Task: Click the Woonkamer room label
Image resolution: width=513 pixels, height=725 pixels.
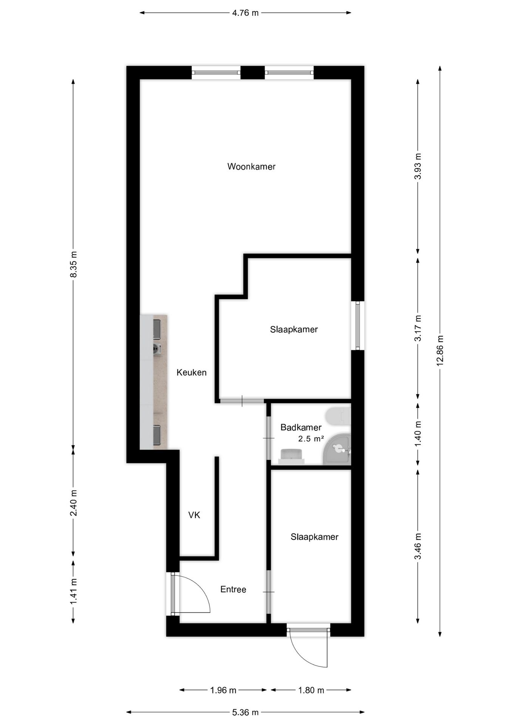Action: (251, 167)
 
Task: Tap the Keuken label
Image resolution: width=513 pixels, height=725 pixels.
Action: (192, 373)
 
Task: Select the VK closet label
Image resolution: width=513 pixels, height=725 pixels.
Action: (194, 515)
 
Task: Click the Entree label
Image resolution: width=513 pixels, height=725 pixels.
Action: (233, 589)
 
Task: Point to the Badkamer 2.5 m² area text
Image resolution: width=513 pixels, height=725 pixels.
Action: (311, 439)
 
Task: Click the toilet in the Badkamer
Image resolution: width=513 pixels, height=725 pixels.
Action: (338, 416)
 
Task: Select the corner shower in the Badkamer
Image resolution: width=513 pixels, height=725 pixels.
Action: (338, 450)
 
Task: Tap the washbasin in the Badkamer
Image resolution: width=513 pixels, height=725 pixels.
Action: (291, 456)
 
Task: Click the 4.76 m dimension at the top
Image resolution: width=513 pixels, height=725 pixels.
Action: (245, 13)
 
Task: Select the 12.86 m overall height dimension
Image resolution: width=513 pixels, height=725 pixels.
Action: (440, 350)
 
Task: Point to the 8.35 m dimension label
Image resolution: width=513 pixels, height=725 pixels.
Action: (73, 264)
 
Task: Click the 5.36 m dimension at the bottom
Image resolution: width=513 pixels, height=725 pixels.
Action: (245, 713)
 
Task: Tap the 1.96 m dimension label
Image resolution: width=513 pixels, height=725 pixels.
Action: (223, 690)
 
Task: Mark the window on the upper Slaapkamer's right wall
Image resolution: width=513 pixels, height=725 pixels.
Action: (358, 325)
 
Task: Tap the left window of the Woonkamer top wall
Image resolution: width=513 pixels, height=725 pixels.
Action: (216, 72)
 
